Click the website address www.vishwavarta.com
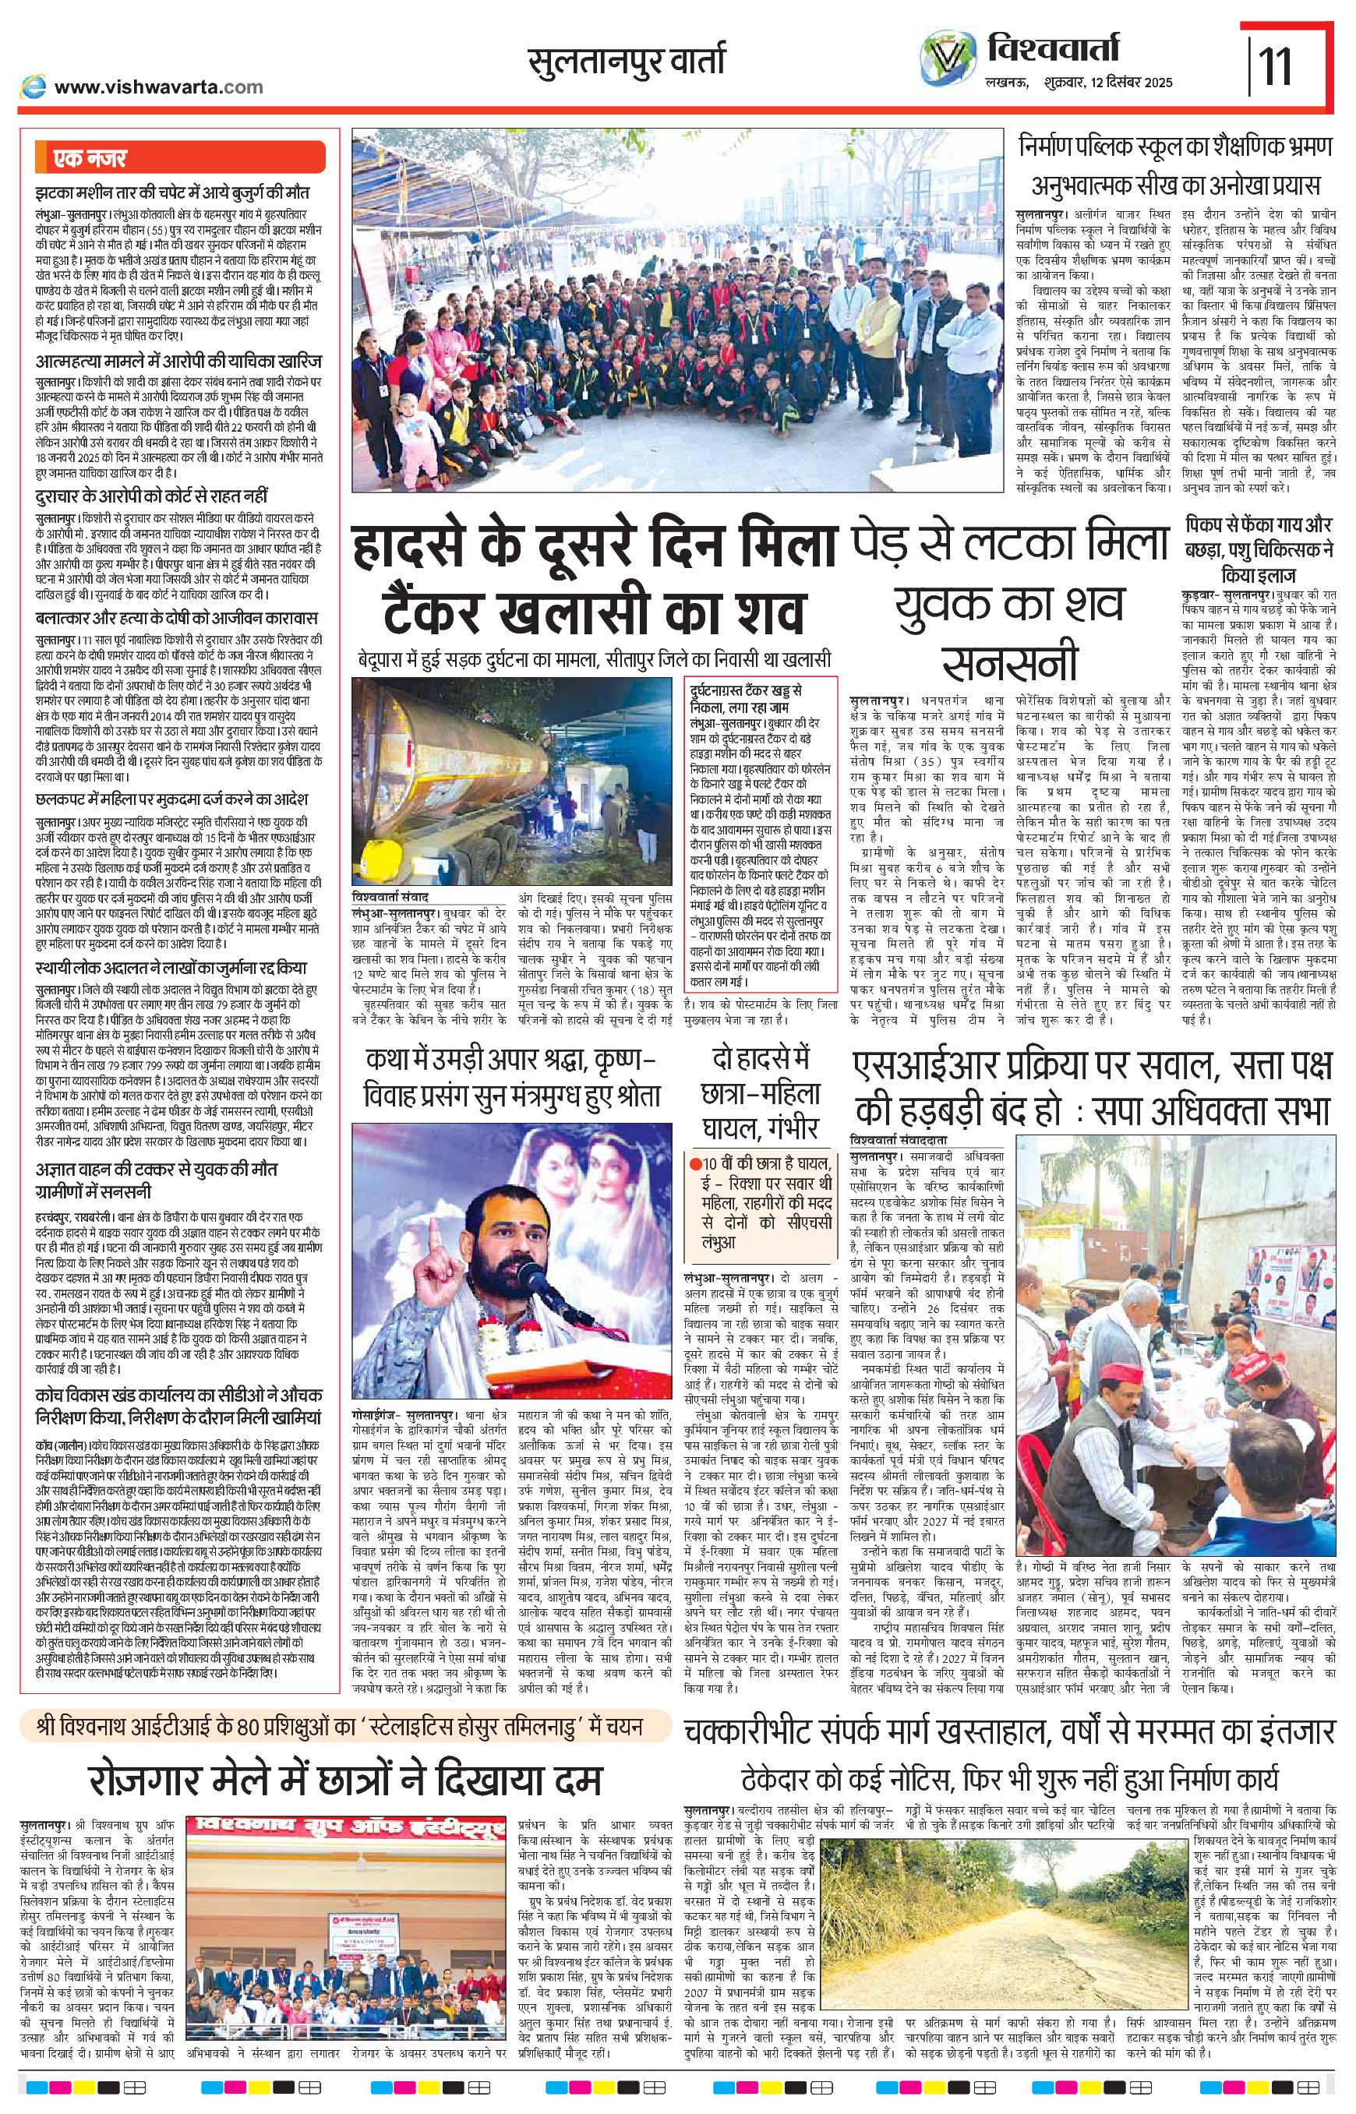click(158, 86)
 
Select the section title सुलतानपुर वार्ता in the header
click(626, 62)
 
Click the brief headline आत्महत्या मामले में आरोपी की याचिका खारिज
click(178, 362)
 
